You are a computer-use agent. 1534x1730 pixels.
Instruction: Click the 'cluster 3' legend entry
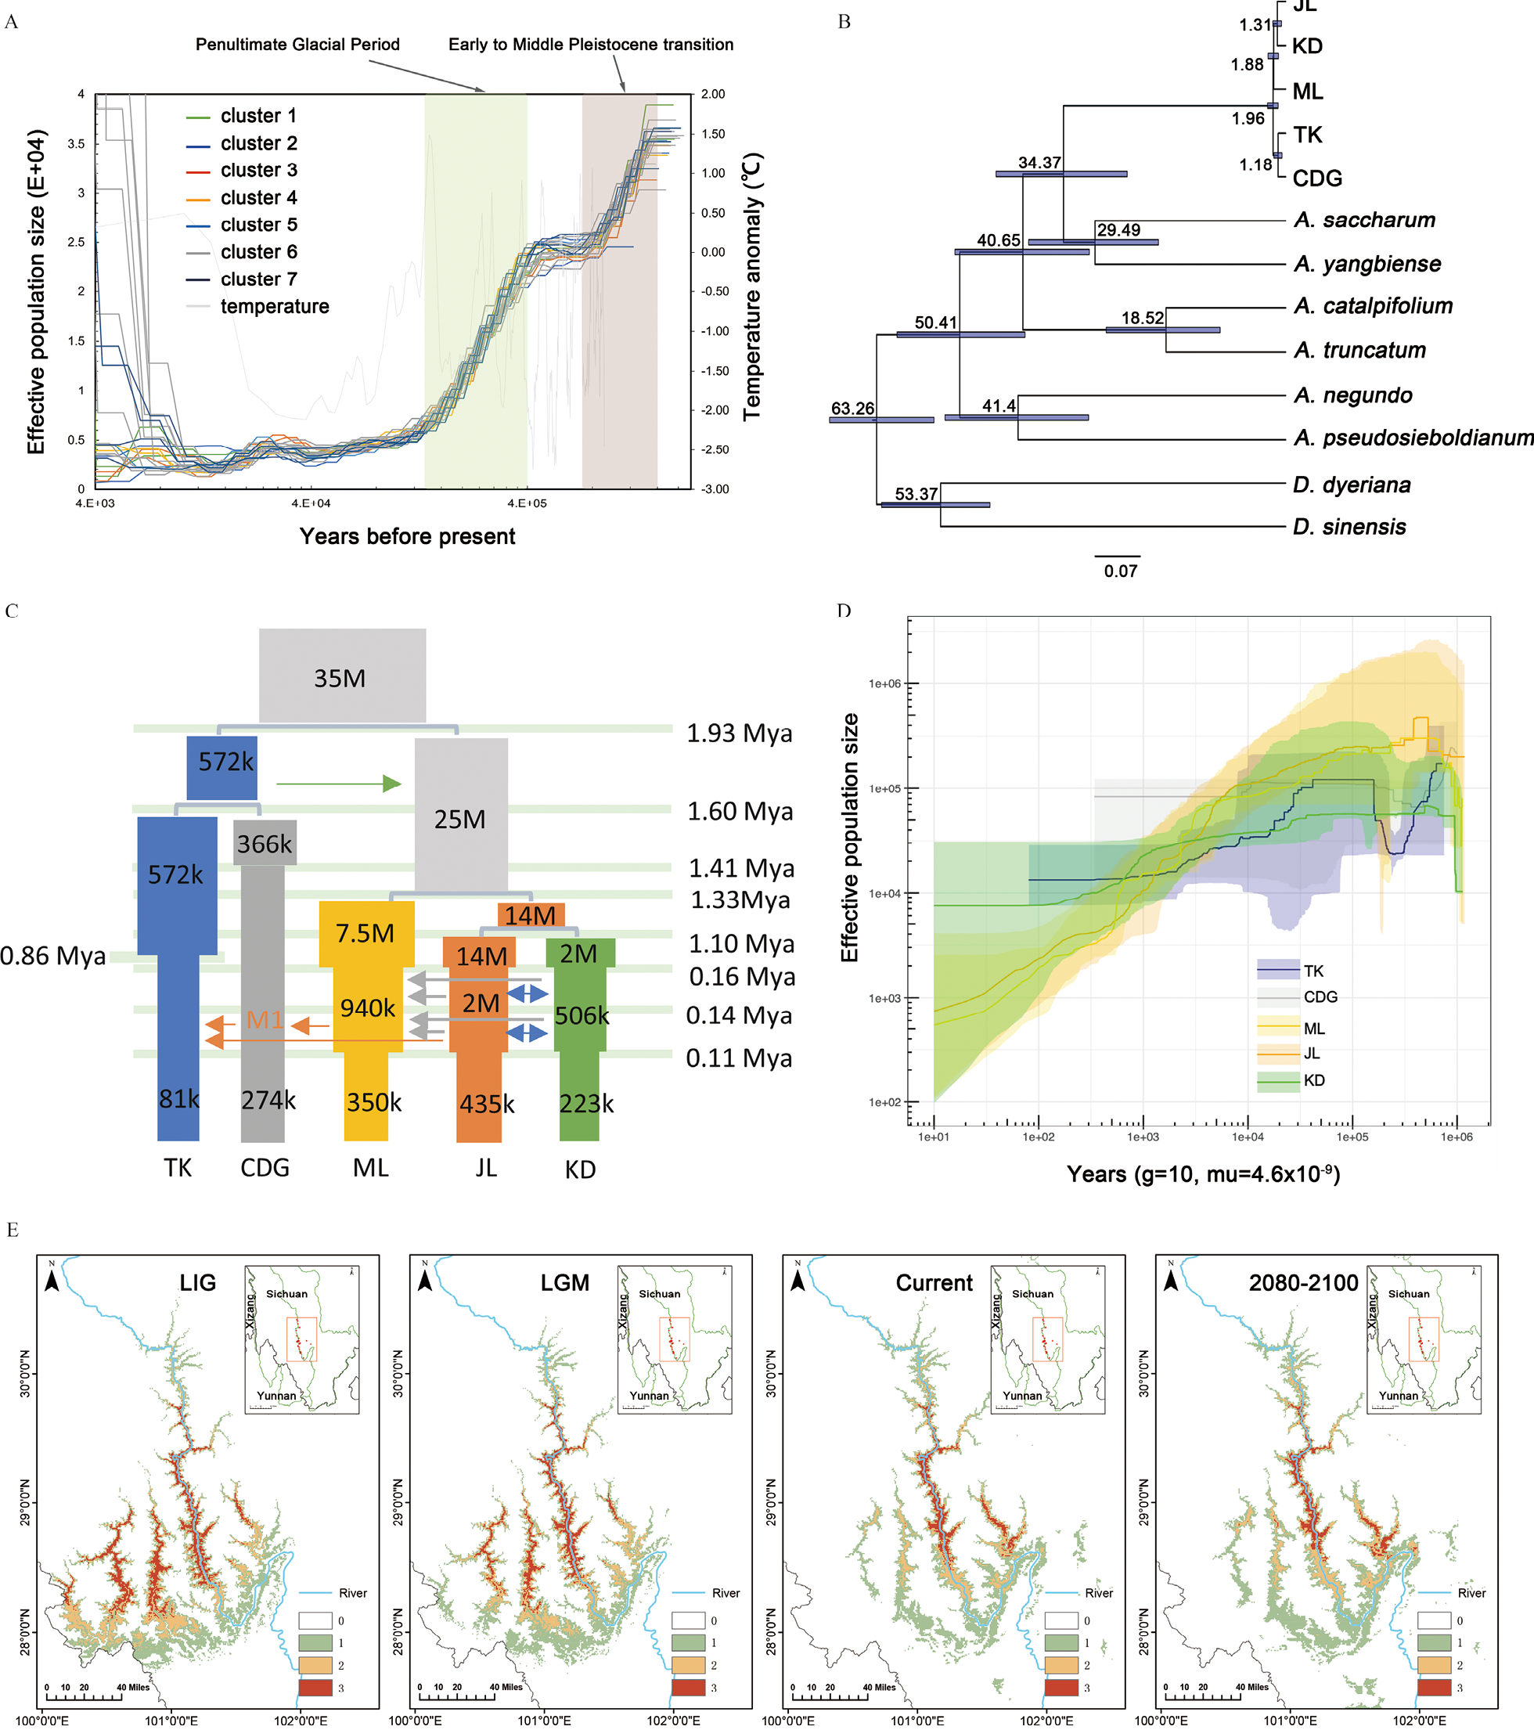point(258,170)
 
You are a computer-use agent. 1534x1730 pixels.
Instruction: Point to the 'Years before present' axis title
point(407,536)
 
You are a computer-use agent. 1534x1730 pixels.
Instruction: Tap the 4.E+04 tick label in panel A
point(311,503)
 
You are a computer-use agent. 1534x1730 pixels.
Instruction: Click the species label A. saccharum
point(1364,220)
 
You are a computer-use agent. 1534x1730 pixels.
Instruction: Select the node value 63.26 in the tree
point(852,409)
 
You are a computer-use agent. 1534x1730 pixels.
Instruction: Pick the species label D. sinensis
point(1349,527)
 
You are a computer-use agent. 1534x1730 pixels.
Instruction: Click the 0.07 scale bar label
point(1120,571)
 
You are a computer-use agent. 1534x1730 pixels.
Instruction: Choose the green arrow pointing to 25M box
point(338,784)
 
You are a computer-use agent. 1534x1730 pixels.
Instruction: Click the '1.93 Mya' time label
point(739,733)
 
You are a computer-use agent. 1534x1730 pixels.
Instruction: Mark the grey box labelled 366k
point(264,843)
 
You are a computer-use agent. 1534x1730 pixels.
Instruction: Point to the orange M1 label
point(265,1020)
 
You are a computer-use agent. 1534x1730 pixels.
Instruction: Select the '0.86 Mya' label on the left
point(52,956)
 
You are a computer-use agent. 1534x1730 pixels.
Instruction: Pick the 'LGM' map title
point(564,1282)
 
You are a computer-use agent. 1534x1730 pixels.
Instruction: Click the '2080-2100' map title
point(1303,1282)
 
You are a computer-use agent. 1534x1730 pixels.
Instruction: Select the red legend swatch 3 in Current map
point(1061,1689)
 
